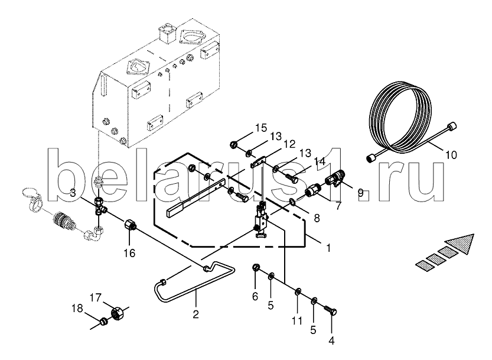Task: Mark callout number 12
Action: (288, 144)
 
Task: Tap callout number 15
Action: (261, 128)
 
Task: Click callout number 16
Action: (129, 253)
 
